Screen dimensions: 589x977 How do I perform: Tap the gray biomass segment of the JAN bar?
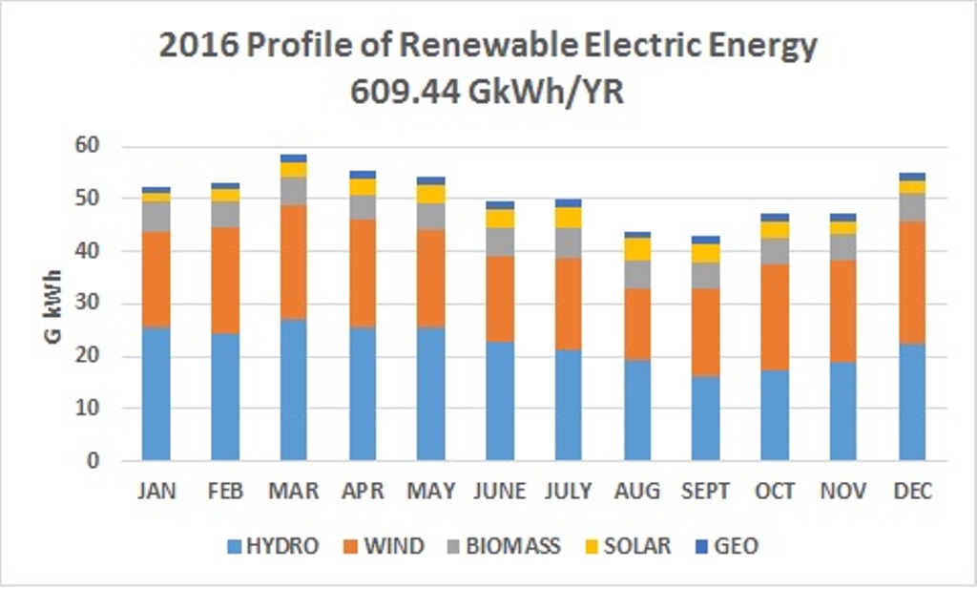click(x=156, y=217)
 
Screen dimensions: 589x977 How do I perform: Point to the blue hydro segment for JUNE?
click(x=500, y=401)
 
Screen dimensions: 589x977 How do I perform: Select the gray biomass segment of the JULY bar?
click(x=569, y=242)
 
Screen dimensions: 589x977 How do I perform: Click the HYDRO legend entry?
click(x=272, y=546)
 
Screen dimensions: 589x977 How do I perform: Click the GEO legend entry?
click(x=727, y=546)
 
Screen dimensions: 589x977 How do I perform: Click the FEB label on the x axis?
click(x=225, y=491)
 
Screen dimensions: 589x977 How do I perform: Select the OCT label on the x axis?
click(x=775, y=491)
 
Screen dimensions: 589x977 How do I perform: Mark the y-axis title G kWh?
click(x=56, y=304)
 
